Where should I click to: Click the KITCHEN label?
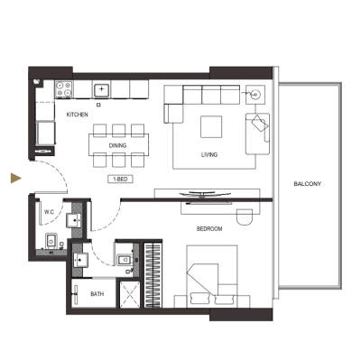tap(76, 115)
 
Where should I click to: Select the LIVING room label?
tap(210, 155)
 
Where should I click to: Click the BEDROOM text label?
tap(209, 229)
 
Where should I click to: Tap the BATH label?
tap(97, 293)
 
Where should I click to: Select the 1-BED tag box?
tap(120, 180)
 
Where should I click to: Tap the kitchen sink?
tap(101, 89)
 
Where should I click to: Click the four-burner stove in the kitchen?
tap(64, 89)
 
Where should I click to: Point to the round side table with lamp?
tap(256, 93)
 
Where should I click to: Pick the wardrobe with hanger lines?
tap(153, 271)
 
